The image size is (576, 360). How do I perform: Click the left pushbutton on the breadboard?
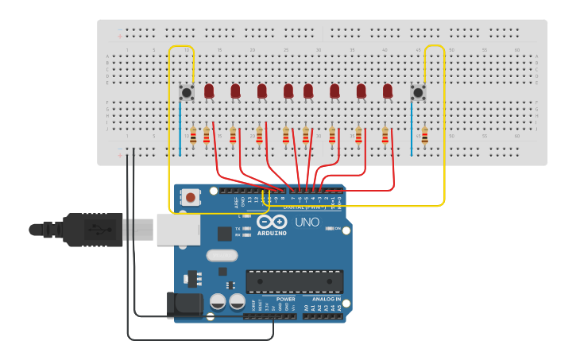(187, 92)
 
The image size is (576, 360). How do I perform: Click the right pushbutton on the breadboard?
(418, 93)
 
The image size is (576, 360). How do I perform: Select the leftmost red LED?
(209, 91)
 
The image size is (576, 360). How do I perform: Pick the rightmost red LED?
(388, 91)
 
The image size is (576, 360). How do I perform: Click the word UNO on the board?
(307, 222)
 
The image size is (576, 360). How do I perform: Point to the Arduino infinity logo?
(272, 223)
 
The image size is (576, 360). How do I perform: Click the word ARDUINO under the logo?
(272, 234)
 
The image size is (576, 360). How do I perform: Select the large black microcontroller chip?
(295, 281)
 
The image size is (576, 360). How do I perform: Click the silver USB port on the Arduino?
(176, 230)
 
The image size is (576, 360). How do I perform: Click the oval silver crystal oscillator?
(221, 256)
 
